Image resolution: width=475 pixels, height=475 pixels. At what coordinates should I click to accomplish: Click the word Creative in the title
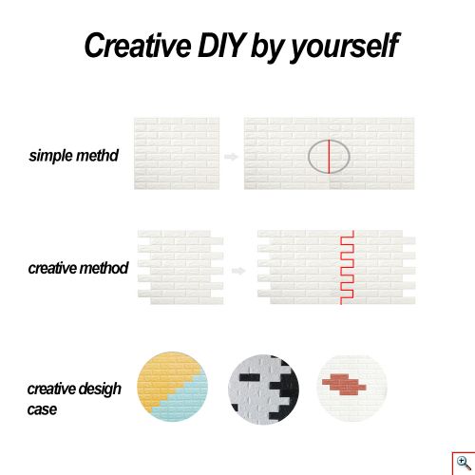(x=138, y=45)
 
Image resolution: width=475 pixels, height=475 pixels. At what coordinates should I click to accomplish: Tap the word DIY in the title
(x=221, y=45)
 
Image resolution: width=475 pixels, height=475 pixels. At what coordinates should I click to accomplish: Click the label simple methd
(x=74, y=156)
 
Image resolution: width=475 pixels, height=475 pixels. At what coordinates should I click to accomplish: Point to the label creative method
(x=78, y=268)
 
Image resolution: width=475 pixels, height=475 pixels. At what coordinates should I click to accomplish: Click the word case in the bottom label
(x=42, y=409)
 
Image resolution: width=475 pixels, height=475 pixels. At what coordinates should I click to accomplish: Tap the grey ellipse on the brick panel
(x=309, y=157)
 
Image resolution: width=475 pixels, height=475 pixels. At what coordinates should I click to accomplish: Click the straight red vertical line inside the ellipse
(x=329, y=157)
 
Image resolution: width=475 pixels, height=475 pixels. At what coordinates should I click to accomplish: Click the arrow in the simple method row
(x=231, y=157)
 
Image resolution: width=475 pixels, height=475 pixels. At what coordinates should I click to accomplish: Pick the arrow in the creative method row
(x=238, y=271)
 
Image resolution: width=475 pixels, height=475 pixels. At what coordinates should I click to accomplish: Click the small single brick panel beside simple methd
(x=177, y=154)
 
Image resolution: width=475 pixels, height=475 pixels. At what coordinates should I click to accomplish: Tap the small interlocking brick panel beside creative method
(x=180, y=268)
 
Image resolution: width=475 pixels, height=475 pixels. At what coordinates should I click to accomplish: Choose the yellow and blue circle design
(x=172, y=387)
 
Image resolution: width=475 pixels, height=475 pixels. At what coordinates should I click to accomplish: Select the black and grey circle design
(x=263, y=389)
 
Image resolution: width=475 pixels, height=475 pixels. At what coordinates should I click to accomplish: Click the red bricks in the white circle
(x=344, y=385)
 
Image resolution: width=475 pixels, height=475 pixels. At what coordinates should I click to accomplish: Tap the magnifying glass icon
(x=464, y=463)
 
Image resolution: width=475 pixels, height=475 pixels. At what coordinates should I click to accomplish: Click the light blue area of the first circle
(x=187, y=402)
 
